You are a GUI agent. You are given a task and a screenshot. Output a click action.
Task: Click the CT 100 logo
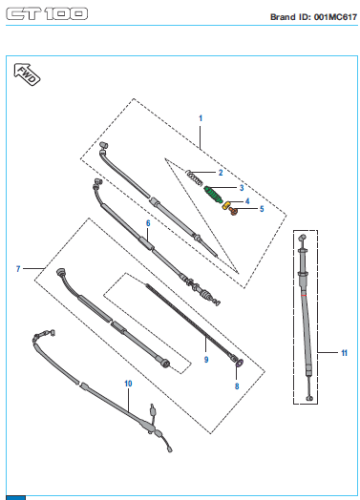click(47, 13)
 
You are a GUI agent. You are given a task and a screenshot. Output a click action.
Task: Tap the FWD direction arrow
click(27, 74)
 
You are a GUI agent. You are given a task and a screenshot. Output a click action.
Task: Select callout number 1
click(201, 118)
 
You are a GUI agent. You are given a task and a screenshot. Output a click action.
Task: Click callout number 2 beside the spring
click(221, 173)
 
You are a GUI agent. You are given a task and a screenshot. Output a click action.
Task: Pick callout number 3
click(242, 187)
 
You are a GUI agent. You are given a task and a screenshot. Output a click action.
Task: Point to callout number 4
click(247, 201)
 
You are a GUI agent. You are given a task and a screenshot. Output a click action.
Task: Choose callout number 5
click(262, 209)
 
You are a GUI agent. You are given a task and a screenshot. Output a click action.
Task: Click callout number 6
click(148, 223)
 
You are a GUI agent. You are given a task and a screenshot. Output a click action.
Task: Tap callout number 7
click(18, 269)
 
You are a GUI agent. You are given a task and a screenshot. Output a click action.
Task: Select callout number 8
click(237, 386)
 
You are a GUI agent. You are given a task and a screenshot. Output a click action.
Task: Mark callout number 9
click(206, 360)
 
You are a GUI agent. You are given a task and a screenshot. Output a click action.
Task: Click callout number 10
click(128, 384)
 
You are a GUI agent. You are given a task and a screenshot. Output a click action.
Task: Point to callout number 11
click(344, 353)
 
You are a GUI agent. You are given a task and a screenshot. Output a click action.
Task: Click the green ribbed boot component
click(213, 195)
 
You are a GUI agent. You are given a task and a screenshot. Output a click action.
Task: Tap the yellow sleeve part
click(226, 205)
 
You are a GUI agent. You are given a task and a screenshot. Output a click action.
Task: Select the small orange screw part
click(233, 211)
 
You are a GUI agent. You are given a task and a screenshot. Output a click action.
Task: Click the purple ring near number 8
click(240, 363)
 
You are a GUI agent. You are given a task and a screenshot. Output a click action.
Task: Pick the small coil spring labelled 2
click(194, 177)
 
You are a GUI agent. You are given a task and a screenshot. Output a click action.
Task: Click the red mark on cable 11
click(304, 295)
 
